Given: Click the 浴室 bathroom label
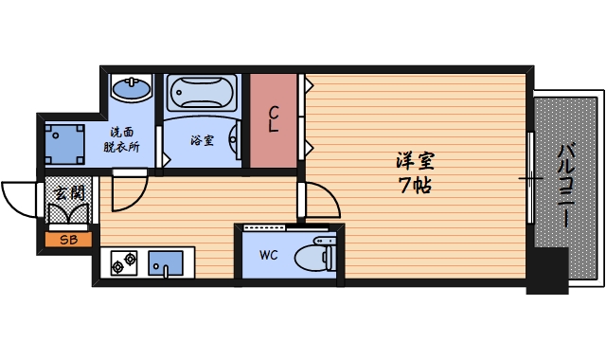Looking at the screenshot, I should coord(201,140).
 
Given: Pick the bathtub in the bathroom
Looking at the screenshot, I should coord(200,96).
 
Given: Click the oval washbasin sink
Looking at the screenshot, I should coord(130,91).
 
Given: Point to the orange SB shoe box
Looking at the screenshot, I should coord(69,240).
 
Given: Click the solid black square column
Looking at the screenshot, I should coord(547,270).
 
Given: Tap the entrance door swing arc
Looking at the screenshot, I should coord(19,198).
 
